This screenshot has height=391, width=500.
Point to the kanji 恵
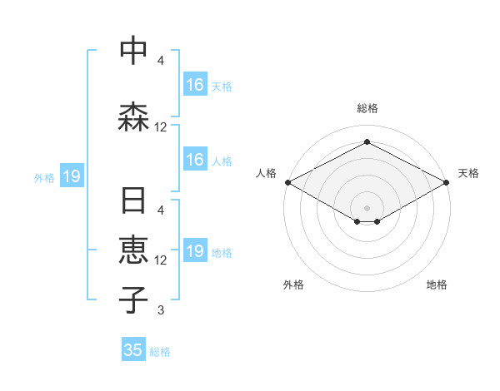click(x=133, y=250)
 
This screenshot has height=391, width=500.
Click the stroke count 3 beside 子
click(x=161, y=311)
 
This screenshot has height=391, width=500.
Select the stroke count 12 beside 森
click(x=161, y=127)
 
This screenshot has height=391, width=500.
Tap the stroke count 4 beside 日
click(x=161, y=210)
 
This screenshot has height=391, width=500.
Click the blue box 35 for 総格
click(x=133, y=350)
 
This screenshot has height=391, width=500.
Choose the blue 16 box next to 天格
click(x=195, y=85)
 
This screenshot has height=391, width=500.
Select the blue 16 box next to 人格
click(x=195, y=160)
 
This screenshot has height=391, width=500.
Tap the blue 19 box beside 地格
click(x=195, y=251)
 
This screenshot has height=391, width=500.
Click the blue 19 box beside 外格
click(x=71, y=176)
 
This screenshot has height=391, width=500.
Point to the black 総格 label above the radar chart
click(x=367, y=108)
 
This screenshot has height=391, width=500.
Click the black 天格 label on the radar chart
click(x=468, y=173)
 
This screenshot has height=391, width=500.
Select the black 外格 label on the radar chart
click(x=293, y=285)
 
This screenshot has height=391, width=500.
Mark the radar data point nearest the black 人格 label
click(x=287, y=181)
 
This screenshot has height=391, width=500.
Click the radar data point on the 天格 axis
click(x=447, y=181)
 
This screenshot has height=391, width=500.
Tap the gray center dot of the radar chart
click(x=367, y=207)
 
